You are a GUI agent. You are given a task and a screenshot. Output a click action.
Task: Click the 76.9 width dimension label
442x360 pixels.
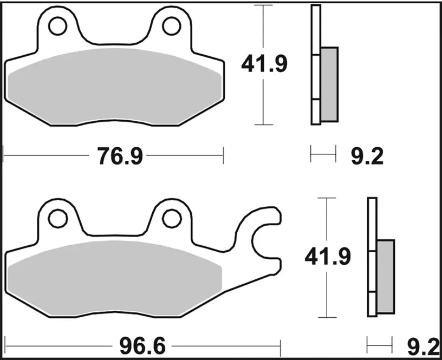pos(120,156)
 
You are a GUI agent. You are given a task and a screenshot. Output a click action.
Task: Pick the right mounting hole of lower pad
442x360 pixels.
pos(171,218)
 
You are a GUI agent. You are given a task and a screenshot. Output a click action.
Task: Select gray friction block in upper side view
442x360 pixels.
pos(329,84)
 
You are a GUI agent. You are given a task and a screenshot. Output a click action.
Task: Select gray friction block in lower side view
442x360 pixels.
pos(386,276)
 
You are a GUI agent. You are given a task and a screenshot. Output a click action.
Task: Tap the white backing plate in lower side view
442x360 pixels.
pos(372,257)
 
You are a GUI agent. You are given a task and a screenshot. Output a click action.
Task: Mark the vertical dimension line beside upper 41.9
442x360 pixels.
pos(263,103)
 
